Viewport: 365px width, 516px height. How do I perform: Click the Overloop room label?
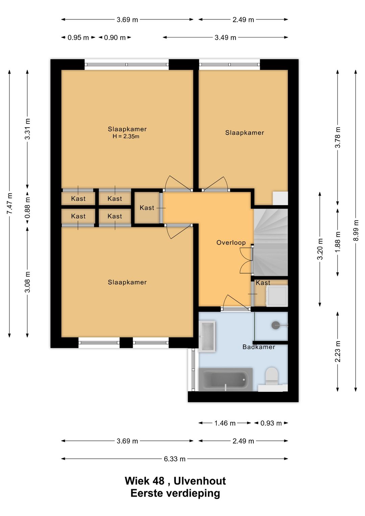tap(231, 242)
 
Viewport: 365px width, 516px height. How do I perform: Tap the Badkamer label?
tap(259, 347)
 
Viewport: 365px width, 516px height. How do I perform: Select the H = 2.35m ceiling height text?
tap(126, 137)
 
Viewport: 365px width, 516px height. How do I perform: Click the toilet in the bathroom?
tap(271, 376)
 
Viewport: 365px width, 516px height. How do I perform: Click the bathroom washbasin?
tap(207, 336)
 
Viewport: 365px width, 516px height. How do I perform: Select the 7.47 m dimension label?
tap(10, 203)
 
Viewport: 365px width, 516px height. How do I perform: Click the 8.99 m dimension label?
tap(356, 230)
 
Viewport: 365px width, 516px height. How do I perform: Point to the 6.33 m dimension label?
tap(174, 459)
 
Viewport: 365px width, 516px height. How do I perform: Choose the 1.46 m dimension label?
tap(225, 423)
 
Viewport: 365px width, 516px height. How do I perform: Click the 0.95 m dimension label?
tap(78, 38)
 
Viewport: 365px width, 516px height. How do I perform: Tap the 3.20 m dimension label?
tap(320, 249)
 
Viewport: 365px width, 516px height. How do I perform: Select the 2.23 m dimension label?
tap(338, 351)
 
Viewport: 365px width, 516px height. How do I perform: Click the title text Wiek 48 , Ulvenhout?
tap(175, 480)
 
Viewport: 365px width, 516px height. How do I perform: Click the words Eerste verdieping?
tap(175, 493)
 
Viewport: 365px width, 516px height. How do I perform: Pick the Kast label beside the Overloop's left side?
tap(147, 208)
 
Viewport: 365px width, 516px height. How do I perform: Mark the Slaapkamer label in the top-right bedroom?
tap(244, 133)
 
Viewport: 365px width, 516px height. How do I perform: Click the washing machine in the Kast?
tap(277, 296)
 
